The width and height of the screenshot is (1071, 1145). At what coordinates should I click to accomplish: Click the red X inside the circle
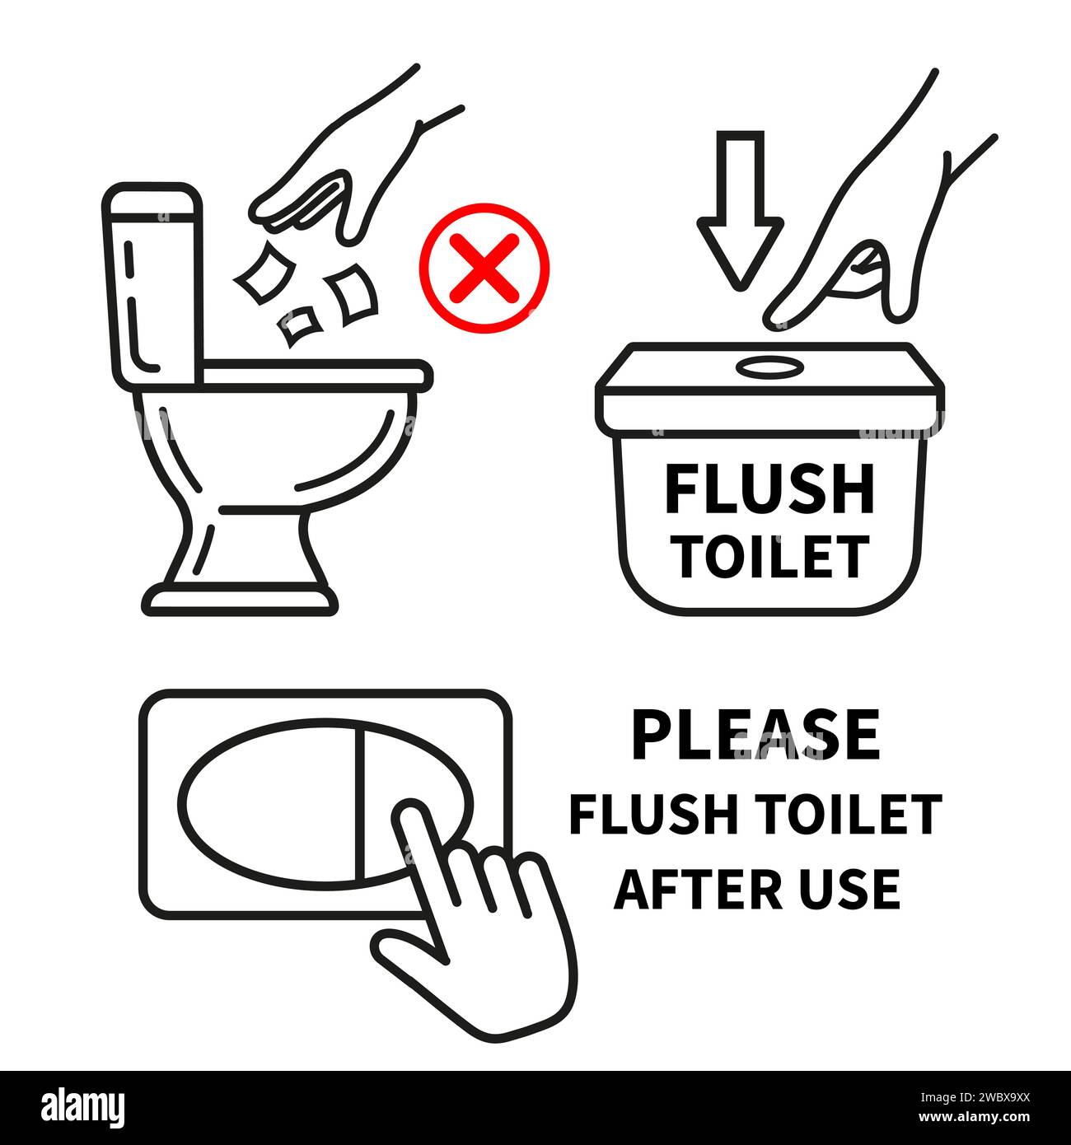484,268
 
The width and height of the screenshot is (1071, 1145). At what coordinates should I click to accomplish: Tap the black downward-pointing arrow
740,206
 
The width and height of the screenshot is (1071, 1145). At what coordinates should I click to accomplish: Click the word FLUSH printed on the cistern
769,489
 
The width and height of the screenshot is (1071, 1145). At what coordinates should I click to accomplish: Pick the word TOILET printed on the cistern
772,557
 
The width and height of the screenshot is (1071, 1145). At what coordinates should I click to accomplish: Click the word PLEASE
755,736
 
